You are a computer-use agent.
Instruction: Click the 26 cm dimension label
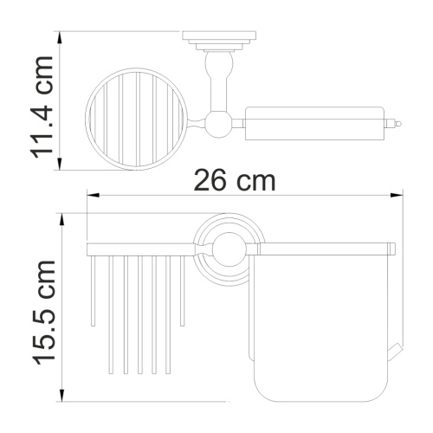[233, 183]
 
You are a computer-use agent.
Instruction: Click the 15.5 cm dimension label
[43, 311]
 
